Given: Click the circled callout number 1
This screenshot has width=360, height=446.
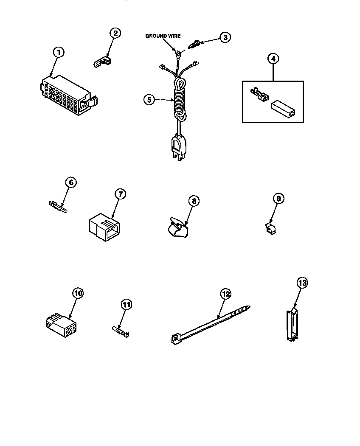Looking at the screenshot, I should [x=59, y=52].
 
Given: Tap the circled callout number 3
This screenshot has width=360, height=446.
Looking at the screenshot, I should [x=225, y=37].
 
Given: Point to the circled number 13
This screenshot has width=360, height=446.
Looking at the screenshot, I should [x=302, y=283].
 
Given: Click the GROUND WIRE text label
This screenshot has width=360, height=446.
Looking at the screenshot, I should [x=163, y=36].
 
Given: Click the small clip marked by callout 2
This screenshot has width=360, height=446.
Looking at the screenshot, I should [x=101, y=62].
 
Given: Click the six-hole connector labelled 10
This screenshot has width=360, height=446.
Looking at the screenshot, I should [x=60, y=326].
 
